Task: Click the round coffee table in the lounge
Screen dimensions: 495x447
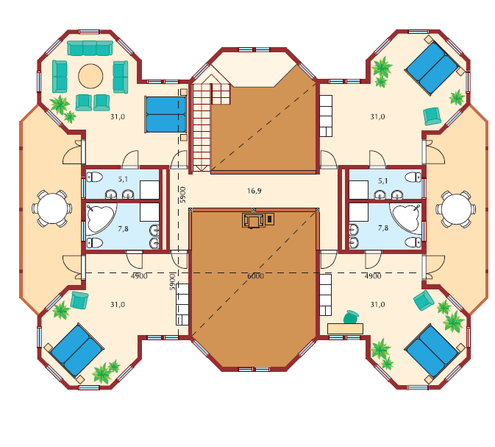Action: click(90, 76)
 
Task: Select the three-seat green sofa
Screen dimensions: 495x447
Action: click(90, 48)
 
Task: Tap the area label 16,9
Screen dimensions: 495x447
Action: click(254, 191)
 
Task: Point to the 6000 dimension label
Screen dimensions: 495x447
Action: click(255, 276)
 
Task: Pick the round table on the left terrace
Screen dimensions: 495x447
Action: click(51, 208)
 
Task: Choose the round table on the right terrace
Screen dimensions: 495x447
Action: click(456, 209)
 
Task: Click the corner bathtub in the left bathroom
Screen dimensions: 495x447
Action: click(101, 219)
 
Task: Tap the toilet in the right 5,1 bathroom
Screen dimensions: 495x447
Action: click(413, 177)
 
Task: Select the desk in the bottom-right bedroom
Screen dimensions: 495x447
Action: click(345, 328)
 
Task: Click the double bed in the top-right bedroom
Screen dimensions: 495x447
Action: click(432, 68)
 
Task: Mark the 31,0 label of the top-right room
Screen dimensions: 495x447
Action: click(377, 117)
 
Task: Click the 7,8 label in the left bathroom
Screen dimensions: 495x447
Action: click(123, 228)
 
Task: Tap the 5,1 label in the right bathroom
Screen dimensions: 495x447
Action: click(383, 181)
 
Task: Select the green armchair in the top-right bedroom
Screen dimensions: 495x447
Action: click(432, 116)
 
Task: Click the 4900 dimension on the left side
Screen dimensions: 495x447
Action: click(139, 276)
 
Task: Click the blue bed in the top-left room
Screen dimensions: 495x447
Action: click(165, 114)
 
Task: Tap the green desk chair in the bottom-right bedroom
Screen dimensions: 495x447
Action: click(352, 317)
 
